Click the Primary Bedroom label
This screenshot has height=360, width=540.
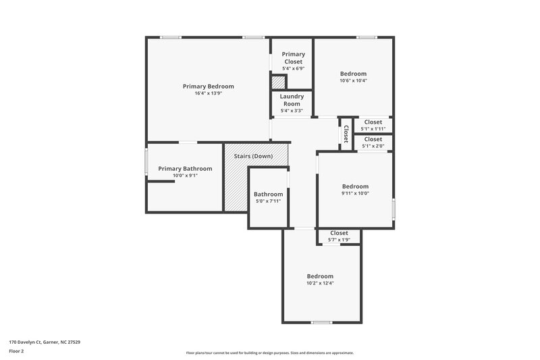208,86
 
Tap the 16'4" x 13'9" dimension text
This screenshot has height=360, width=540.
208,93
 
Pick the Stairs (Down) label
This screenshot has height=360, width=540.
253,156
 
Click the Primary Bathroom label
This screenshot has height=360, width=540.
185,169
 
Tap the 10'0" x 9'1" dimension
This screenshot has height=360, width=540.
185,176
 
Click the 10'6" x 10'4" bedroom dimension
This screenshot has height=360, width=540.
353,80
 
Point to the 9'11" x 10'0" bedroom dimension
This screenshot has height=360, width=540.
355,193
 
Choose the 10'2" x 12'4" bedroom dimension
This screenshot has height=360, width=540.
320,283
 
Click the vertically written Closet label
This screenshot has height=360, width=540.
346,134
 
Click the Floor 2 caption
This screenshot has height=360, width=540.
16,351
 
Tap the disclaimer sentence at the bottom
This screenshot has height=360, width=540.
269,353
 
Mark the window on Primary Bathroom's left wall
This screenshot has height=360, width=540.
146,162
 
